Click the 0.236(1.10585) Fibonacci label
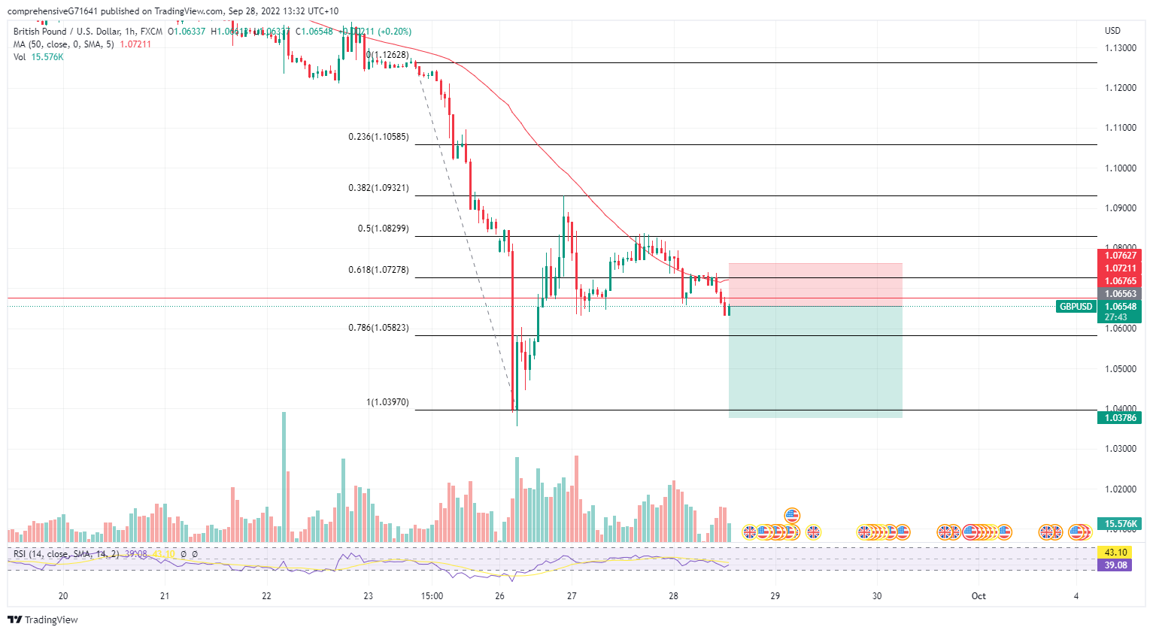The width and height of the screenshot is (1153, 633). click(x=378, y=137)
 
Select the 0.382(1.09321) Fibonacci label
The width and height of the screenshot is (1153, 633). click(x=378, y=188)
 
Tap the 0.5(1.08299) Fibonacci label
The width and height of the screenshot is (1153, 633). click(x=383, y=229)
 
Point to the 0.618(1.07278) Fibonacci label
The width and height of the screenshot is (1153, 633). click(x=378, y=269)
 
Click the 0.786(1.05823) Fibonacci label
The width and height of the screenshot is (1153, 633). click(x=378, y=328)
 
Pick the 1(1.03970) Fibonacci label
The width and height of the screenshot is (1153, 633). click(x=387, y=402)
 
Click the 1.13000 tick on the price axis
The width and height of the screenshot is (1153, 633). click(x=1120, y=48)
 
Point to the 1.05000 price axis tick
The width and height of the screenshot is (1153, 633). click(x=1120, y=369)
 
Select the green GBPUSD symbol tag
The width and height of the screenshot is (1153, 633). click(x=1076, y=307)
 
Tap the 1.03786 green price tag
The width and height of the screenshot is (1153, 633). click(x=1120, y=418)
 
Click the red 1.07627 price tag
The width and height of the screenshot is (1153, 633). click(x=1120, y=256)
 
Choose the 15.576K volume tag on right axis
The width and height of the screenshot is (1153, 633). click(x=1120, y=523)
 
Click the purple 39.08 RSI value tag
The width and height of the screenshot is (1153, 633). click(x=1115, y=565)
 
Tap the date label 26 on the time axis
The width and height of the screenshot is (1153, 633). click(x=500, y=596)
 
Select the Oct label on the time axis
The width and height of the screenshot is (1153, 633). click(x=979, y=596)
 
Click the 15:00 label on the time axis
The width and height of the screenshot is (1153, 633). click(x=432, y=596)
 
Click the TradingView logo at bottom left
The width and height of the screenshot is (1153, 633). click(x=43, y=620)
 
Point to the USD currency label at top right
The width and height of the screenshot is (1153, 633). click(x=1112, y=31)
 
